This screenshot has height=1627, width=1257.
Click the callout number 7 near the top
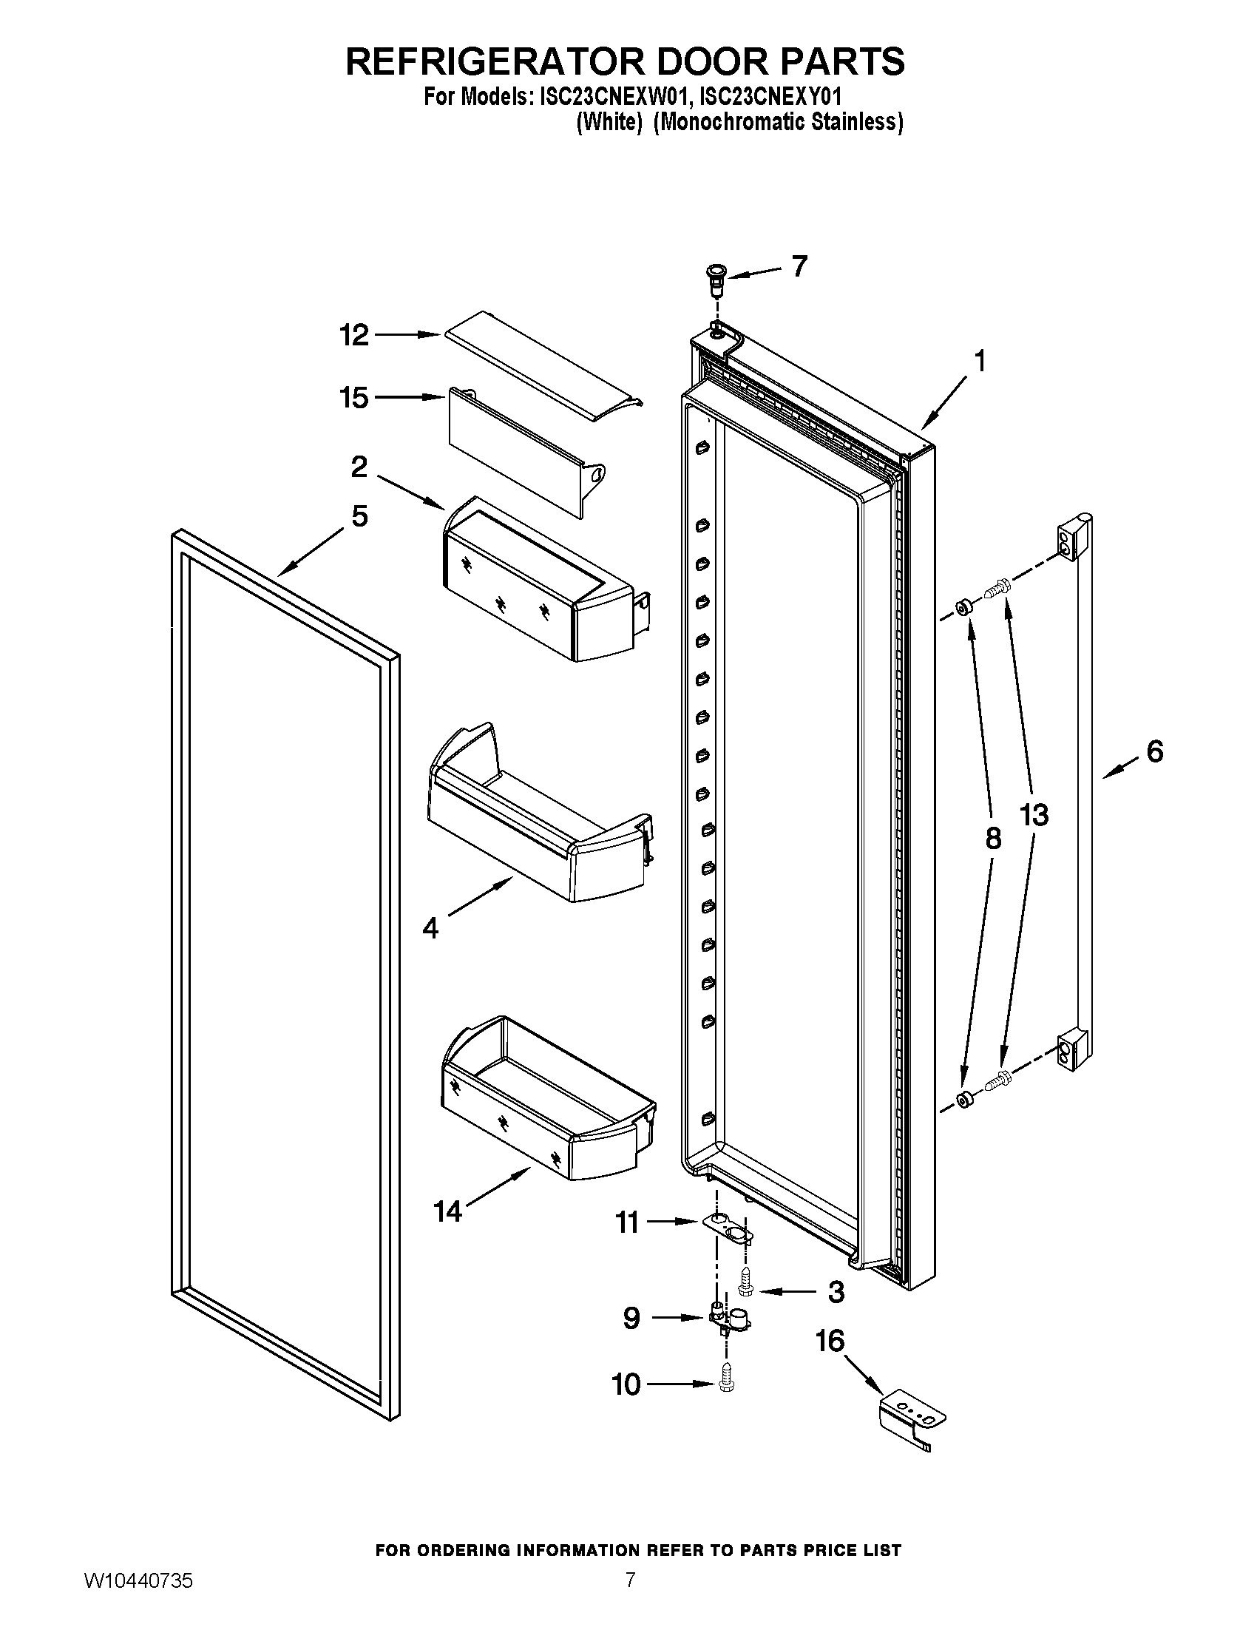(x=799, y=266)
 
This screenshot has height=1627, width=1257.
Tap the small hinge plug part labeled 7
(x=716, y=275)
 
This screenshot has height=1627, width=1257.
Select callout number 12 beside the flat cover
(x=354, y=335)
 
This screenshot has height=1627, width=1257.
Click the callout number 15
(x=354, y=398)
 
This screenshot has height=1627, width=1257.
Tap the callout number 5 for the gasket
(x=359, y=516)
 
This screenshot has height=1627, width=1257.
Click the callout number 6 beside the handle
(x=1153, y=751)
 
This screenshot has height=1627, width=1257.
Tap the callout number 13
(x=1034, y=815)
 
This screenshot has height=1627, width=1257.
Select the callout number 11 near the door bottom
(x=627, y=1222)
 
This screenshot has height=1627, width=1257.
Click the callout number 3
(x=836, y=1292)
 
